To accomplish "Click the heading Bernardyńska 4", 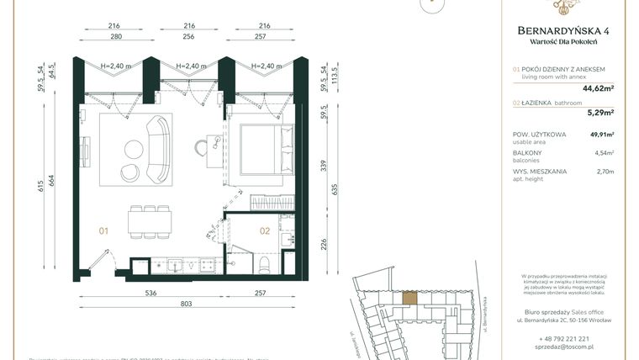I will click(x=562, y=31).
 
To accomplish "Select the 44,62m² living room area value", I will click(x=598, y=86).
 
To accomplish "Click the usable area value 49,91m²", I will click(x=600, y=135).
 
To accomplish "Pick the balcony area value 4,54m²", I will click(x=602, y=153).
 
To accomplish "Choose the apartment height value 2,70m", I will click(x=605, y=172).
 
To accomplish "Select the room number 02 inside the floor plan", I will click(x=264, y=229).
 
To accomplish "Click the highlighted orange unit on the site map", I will click(x=409, y=296).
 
